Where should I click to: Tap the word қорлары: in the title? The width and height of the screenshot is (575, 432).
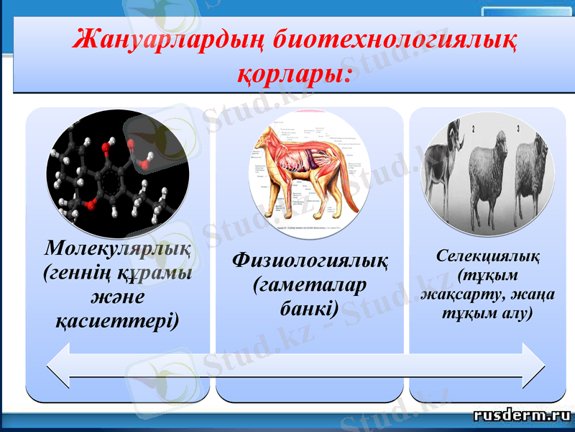295,73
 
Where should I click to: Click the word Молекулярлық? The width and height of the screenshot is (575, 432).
118,248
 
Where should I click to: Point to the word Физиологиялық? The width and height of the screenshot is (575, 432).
310,260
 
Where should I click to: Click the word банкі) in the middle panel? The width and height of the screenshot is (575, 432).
308,310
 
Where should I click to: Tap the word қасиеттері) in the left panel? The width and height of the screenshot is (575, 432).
118,320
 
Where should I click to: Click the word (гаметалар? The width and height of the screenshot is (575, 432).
310,284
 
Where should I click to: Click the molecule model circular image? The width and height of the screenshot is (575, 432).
118,173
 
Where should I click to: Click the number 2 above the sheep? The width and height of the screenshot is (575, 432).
474,130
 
